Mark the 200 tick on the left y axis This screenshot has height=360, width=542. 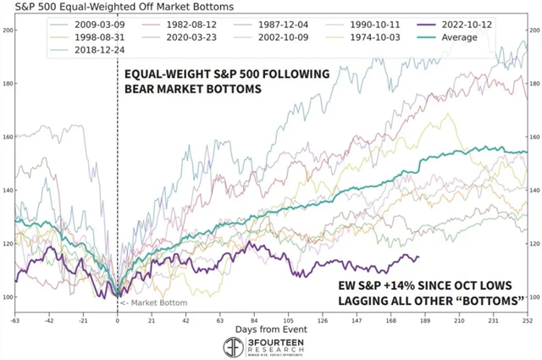point(8,30)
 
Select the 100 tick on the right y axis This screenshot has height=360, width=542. point(534,296)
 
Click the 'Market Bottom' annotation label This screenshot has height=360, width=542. point(148,302)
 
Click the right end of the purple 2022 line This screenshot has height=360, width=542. point(418,257)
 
